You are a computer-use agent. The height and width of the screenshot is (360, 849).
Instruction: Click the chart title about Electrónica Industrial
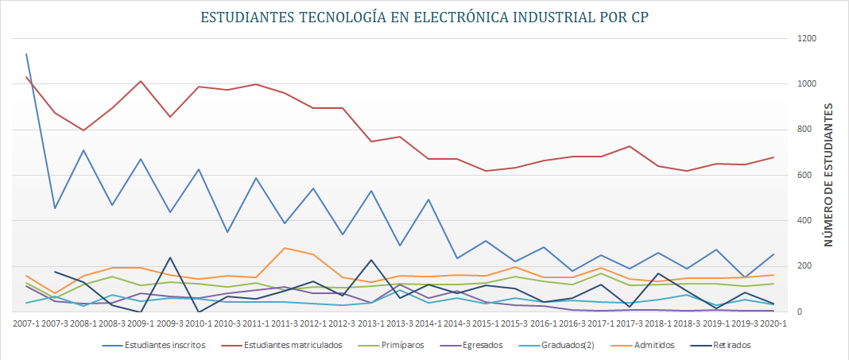[424, 17]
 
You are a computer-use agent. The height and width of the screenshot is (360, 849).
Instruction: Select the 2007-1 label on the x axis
[25, 323]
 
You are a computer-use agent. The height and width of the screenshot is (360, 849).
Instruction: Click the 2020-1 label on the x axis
[773, 323]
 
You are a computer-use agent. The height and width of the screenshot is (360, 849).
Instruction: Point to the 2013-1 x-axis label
[370, 323]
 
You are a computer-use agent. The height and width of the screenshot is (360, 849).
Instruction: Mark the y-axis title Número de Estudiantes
[829, 175]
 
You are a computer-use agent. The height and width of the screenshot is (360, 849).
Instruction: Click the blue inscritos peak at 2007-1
[26, 54]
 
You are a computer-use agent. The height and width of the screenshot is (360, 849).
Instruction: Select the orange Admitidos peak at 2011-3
[284, 248]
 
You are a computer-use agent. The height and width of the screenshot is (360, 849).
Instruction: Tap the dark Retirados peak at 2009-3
[169, 257]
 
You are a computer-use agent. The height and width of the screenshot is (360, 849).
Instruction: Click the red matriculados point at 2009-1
[141, 81]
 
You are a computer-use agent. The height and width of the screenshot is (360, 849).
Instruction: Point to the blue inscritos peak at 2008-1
[83, 150]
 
